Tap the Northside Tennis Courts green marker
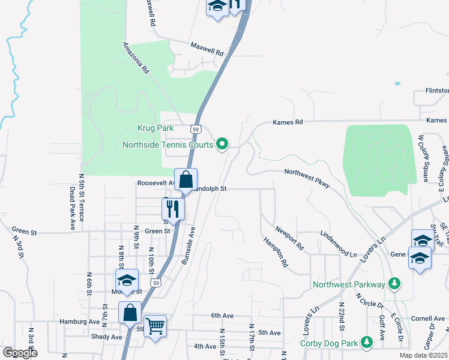point(222,143)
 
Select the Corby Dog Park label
point(330,344)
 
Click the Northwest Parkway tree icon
point(394,282)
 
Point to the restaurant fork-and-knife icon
point(172,209)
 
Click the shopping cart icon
point(155,326)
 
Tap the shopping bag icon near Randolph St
point(186,179)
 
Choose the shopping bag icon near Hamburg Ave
point(130,312)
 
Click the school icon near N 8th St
point(127,280)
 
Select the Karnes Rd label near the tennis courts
point(288,122)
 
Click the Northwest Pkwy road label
point(307,178)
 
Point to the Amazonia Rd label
point(136,58)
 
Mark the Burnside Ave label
point(189,245)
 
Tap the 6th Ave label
point(221,315)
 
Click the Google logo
point(20,353)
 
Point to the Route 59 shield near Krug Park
point(196,129)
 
